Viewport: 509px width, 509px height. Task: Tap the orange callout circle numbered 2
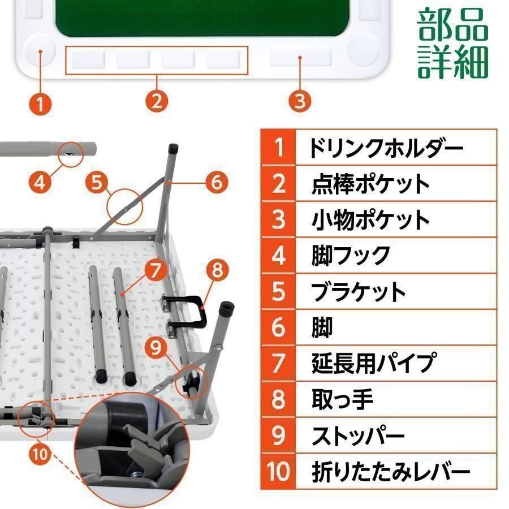pyautogui.click(x=157, y=101)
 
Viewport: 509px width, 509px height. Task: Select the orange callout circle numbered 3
pyautogui.click(x=300, y=101)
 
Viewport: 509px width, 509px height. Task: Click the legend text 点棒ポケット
pyautogui.click(x=370, y=184)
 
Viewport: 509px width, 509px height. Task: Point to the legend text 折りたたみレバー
pyautogui.click(x=391, y=471)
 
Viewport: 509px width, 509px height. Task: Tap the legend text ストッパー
pyautogui.click(x=358, y=435)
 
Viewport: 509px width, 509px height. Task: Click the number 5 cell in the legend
pyautogui.click(x=278, y=292)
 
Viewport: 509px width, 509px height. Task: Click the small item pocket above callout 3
pyautogui.click(x=300, y=57)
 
